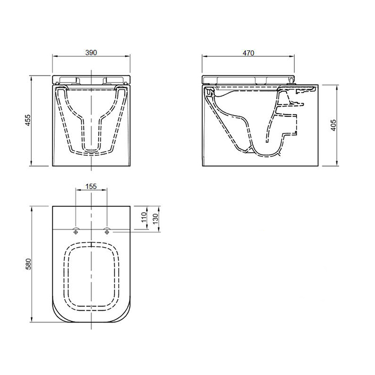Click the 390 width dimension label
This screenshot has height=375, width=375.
pyautogui.click(x=91, y=52)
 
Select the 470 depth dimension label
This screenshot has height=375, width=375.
pyautogui.click(x=249, y=53)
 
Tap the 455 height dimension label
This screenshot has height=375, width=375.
pyautogui.click(x=28, y=121)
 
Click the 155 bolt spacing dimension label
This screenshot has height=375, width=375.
pyautogui.click(x=91, y=186)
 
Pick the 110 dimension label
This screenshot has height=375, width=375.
pyautogui.click(x=144, y=217)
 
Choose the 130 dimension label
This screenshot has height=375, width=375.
pyautogui.click(x=155, y=219)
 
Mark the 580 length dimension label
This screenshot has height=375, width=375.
pyautogui.click(x=28, y=264)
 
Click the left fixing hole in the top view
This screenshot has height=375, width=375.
pyautogui.click(x=76, y=231)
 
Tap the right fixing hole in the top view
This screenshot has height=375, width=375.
pyautogui.click(x=107, y=231)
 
